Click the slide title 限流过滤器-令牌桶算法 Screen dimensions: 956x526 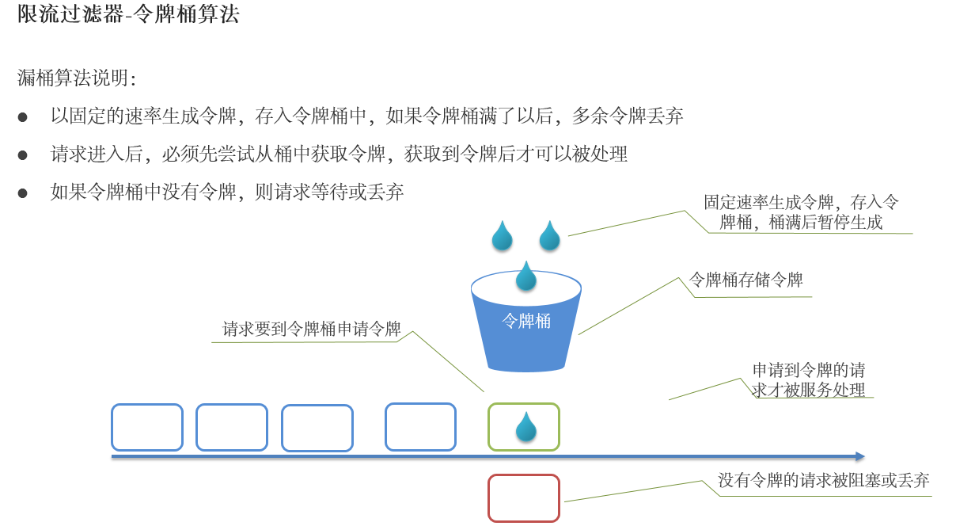(x=128, y=14)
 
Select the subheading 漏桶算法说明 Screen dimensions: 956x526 (x=77, y=78)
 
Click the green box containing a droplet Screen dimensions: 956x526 (x=523, y=427)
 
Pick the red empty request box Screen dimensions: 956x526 (x=523, y=497)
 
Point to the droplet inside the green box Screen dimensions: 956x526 (x=526, y=427)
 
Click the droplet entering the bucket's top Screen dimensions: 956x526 (x=526, y=276)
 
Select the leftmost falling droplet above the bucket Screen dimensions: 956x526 (x=502, y=235)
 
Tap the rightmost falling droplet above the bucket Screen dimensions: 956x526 (x=549, y=235)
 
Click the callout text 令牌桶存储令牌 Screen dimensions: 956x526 (x=745, y=280)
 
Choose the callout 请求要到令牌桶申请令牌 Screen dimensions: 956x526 (x=311, y=329)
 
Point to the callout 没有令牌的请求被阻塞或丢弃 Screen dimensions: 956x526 (x=823, y=480)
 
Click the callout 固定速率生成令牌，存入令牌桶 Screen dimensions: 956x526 (x=801, y=212)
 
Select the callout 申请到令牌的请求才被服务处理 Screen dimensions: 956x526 (x=808, y=379)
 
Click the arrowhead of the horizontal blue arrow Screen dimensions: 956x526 (x=859, y=456)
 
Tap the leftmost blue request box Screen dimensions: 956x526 (x=146, y=427)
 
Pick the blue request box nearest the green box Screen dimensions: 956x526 (x=420, y=427)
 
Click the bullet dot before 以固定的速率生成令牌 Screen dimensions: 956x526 (x=23, y=117)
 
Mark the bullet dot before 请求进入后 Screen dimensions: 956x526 (x=23, y=155)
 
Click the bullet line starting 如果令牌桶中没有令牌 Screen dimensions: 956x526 (x=227, y=192)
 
